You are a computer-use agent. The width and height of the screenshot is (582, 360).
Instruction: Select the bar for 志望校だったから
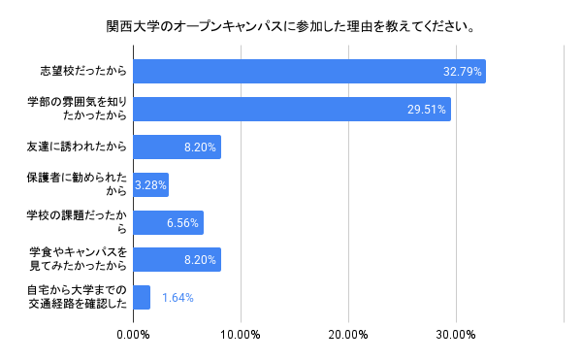tap(308, 72)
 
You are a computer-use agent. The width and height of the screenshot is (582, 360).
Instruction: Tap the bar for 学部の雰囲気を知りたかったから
tap(291, 109)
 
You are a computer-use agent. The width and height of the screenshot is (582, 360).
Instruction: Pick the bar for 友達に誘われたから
tap(177, 147)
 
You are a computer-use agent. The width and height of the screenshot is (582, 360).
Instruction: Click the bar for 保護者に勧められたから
tap(150, 184)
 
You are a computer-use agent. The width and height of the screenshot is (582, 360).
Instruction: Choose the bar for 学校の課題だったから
tap(168, 222)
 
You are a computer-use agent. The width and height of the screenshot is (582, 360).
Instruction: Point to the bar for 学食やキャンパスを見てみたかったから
tap(177, 260)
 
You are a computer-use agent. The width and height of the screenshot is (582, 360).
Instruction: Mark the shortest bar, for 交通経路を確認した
tap(142, 297)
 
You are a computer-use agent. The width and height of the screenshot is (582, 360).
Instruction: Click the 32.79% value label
tap(462, 72)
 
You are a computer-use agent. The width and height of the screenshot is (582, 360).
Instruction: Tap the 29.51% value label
tap(427, 110)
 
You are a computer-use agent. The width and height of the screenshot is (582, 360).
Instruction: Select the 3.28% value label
tap(151, 184)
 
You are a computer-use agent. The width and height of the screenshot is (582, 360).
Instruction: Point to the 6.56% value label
tap(182, 222)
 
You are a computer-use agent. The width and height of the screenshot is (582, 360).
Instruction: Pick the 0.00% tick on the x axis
tap(133, 336)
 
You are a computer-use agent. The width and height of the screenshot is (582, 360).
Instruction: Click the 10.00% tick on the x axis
tap(241, 336)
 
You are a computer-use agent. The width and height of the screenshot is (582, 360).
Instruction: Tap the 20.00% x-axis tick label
tap(348, 336)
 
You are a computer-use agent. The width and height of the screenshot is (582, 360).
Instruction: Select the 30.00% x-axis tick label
tap(455, 336)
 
